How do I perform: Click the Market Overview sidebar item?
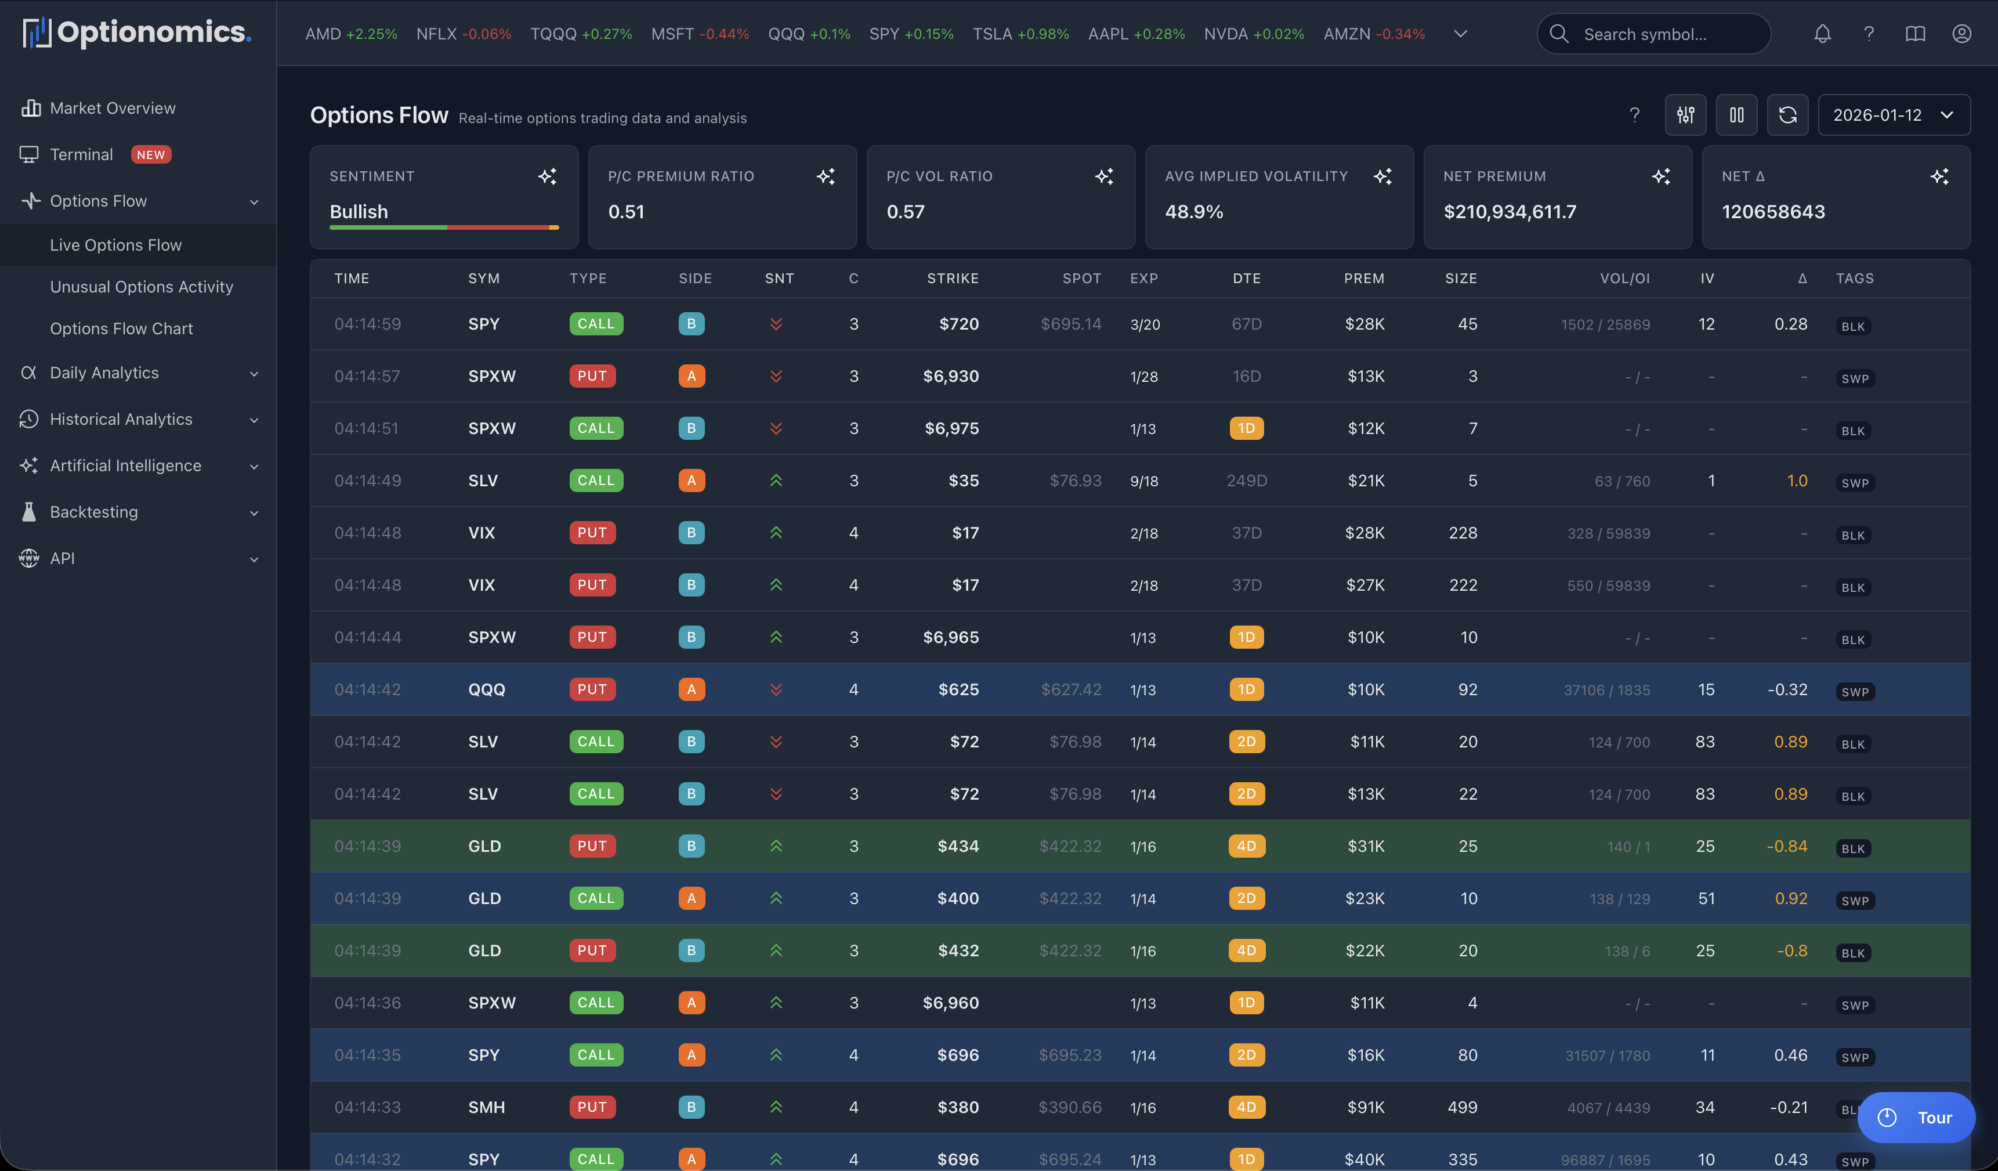click(112, 108)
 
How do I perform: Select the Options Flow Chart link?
click(121, 328)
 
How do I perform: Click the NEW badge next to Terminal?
click(151, 154)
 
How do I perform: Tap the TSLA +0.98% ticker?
click(1020, 34)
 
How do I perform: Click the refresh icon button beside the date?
click(1787, 115)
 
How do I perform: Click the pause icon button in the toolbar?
click(1736, 115)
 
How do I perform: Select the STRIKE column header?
click(952, 279)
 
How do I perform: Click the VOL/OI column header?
click(1624, 279)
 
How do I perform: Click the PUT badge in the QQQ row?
click(592, 689)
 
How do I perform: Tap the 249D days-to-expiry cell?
click(1246, 480)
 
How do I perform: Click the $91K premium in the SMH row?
click(1364, 1107)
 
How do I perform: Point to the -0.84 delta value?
click(1786, 846)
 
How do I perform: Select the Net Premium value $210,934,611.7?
click(1509, 212)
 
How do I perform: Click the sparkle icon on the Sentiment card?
click(547, 176)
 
